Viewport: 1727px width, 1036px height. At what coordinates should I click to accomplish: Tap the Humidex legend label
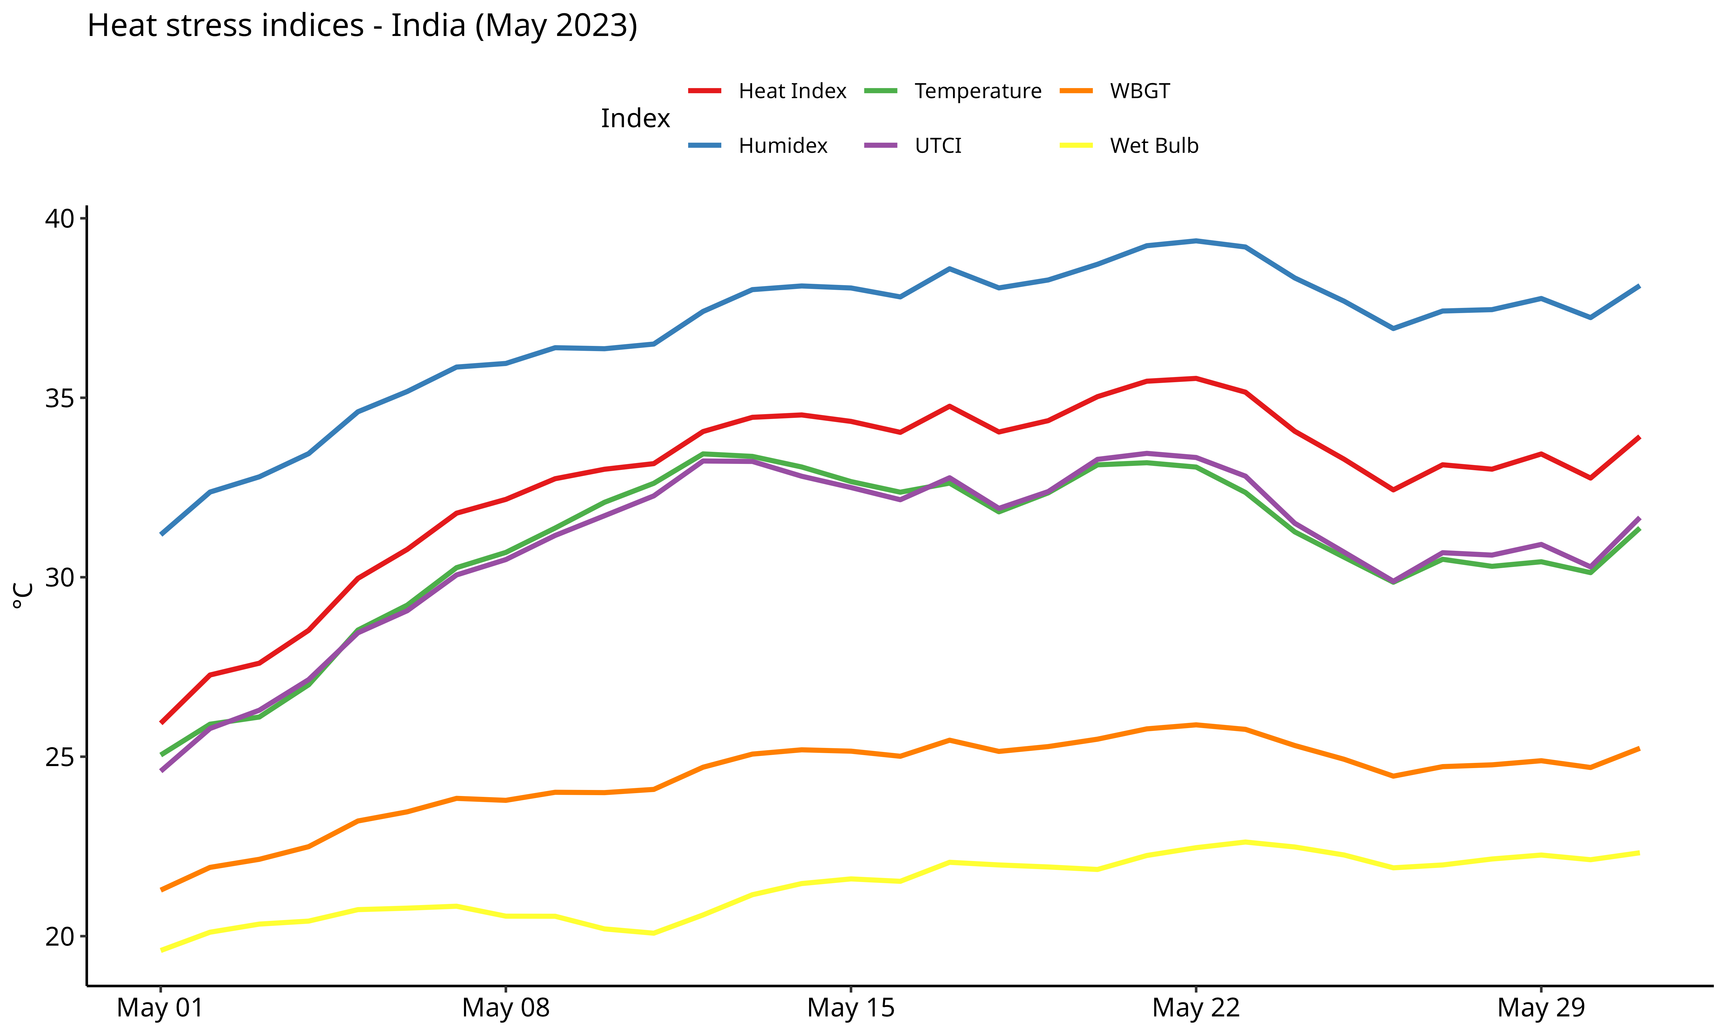click(x=783, y=146)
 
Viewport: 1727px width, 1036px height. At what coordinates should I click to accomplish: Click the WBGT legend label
click(x=1139, y=92)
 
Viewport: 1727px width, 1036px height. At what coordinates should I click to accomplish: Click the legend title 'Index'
click(x=635, y=119)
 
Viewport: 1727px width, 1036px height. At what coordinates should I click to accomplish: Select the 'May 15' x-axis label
click(x=850, y=1008)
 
